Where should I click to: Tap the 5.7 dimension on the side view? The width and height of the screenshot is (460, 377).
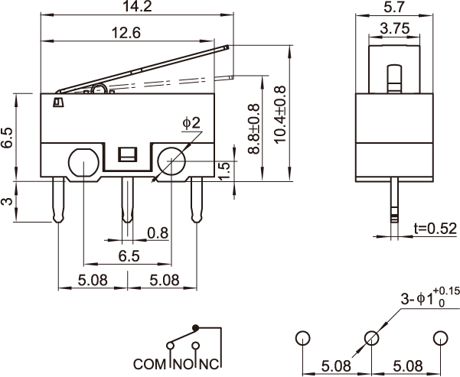coord(396,8)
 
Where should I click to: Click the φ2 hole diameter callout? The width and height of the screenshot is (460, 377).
coord(191,122)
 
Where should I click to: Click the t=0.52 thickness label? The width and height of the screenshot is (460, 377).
coord(435,228)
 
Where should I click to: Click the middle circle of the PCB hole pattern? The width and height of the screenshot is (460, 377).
coord(372,337)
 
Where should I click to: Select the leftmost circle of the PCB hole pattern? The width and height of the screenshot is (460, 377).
coord(303,337)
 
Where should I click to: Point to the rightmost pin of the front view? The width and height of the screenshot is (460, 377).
coord(195,200)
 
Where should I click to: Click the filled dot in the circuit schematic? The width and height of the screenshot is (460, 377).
coord(198,327)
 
